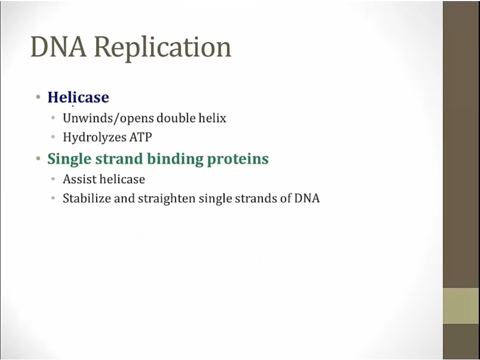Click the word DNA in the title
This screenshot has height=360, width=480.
[x=59, y=46]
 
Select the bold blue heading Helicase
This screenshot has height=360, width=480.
[x=78, y=97]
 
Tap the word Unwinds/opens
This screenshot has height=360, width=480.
[x=108, y=118]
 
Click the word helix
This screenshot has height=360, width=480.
[x=212, y=118]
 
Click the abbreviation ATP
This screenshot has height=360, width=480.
[x=140, y=137]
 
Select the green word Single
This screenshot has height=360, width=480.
[x=69, y=159]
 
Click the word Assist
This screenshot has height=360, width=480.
[x=79, y=179]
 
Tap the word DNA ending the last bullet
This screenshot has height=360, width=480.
[x=307, y=198]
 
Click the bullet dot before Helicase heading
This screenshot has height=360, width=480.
[x=38, y=98]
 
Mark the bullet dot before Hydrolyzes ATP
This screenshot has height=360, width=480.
[x=53, y=137]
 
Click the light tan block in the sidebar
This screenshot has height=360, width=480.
[x=461, y=306]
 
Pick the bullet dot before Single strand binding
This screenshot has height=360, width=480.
[x=38, y=158]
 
